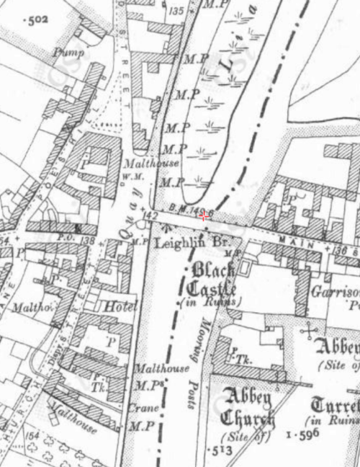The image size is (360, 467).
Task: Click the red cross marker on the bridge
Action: (x=204, y=216)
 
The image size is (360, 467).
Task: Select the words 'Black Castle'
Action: (x=210, y=280)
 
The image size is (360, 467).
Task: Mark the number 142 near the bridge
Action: (x=150, y=215)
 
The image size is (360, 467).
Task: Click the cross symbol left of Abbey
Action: (x=310, y=332)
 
